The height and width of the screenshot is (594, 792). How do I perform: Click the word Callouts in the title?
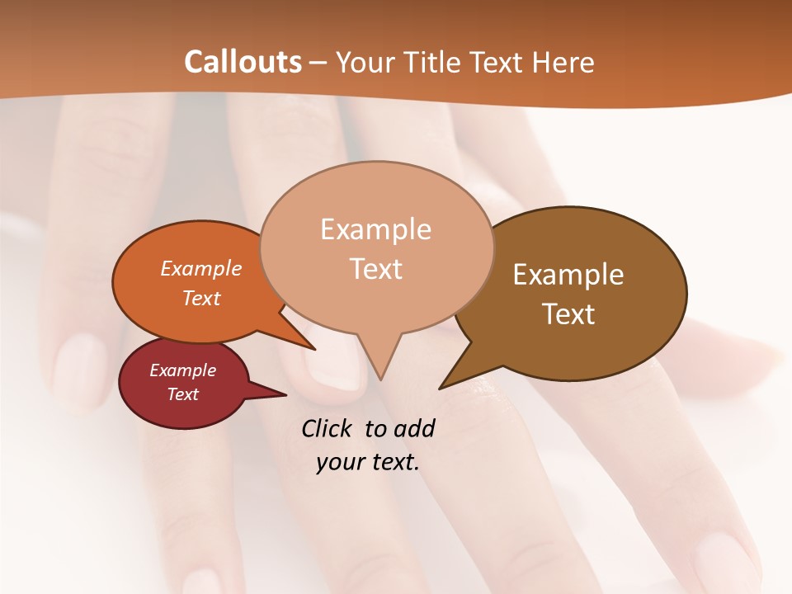[x=243, y=62]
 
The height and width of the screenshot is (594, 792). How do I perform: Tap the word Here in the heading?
[x=564, y=62]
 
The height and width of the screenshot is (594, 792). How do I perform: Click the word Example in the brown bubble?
[x=568, y=275]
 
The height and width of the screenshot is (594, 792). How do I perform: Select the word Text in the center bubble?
[x=376, y=269]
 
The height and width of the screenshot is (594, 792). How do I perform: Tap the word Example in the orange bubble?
[x=201, y=268]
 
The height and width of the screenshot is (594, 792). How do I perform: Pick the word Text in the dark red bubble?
[x=183, y=394]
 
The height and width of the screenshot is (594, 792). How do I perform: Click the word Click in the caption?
[x=328, y=428]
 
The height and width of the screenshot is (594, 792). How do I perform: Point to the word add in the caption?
[x=413, y=428]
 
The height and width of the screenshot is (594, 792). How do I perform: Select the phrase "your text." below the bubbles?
[x=368, y=462]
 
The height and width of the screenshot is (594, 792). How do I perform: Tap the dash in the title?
[x=319, y=63]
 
